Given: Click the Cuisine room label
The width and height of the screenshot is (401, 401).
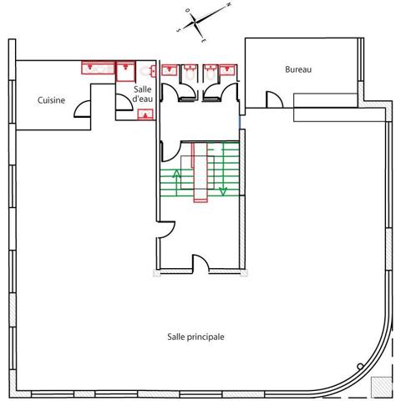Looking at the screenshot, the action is tap(51, 100).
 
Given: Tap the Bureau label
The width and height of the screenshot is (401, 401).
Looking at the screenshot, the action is tap(298, 69).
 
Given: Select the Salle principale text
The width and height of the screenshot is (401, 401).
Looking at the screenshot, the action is tap(195, 337).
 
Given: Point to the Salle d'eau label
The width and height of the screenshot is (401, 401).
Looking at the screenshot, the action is tap(143, 94).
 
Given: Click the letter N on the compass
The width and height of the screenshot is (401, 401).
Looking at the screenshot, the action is tap(229, 4).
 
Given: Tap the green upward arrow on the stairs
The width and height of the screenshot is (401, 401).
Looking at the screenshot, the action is tap(176, 182).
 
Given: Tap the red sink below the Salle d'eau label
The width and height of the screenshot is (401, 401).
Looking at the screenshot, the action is tap(145, 114).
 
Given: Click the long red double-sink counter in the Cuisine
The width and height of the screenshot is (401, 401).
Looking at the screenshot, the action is tap(98, 68).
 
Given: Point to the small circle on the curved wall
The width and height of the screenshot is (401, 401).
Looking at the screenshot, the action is tap(360, 366).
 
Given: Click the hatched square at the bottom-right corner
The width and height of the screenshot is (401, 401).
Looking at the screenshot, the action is tap(382, 387).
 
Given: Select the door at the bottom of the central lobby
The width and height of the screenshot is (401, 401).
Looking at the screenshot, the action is tap(200, 262).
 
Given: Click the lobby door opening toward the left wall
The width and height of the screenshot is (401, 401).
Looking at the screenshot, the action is tap(166, 230).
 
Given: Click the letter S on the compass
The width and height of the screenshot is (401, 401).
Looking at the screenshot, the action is tap(179, 30).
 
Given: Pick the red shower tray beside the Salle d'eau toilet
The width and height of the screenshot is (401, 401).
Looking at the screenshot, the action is tap(125, 71).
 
